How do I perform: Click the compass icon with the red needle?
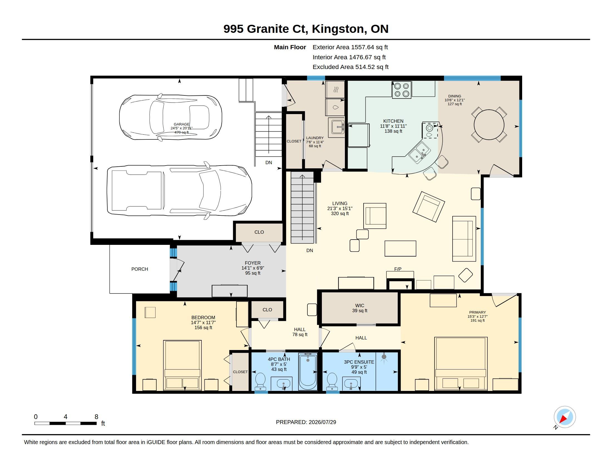[x=565, y=417]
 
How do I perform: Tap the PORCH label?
[x=140, y=269]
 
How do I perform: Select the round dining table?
[x=489, y=125]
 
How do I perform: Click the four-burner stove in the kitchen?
[x=401, y=90]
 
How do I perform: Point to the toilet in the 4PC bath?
[x=260, y=381]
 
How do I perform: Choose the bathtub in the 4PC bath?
[x=308, y=371]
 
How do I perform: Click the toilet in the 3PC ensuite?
[x=332, y=381]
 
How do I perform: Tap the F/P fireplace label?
[x=398, y=269]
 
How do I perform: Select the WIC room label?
[x=359, y=306]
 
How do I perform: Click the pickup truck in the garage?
[x=179, y=190]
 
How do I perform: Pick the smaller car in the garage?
[x=171, y=117]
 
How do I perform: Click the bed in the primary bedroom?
[x=461, y=363]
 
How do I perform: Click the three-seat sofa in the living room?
[x=464, y=239]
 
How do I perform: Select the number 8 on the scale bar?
[x=97, y=417]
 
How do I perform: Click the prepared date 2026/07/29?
[x=322, y=422]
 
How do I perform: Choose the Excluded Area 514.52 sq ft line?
[x=351, y=67]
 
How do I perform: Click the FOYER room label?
[x=253, y=263]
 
